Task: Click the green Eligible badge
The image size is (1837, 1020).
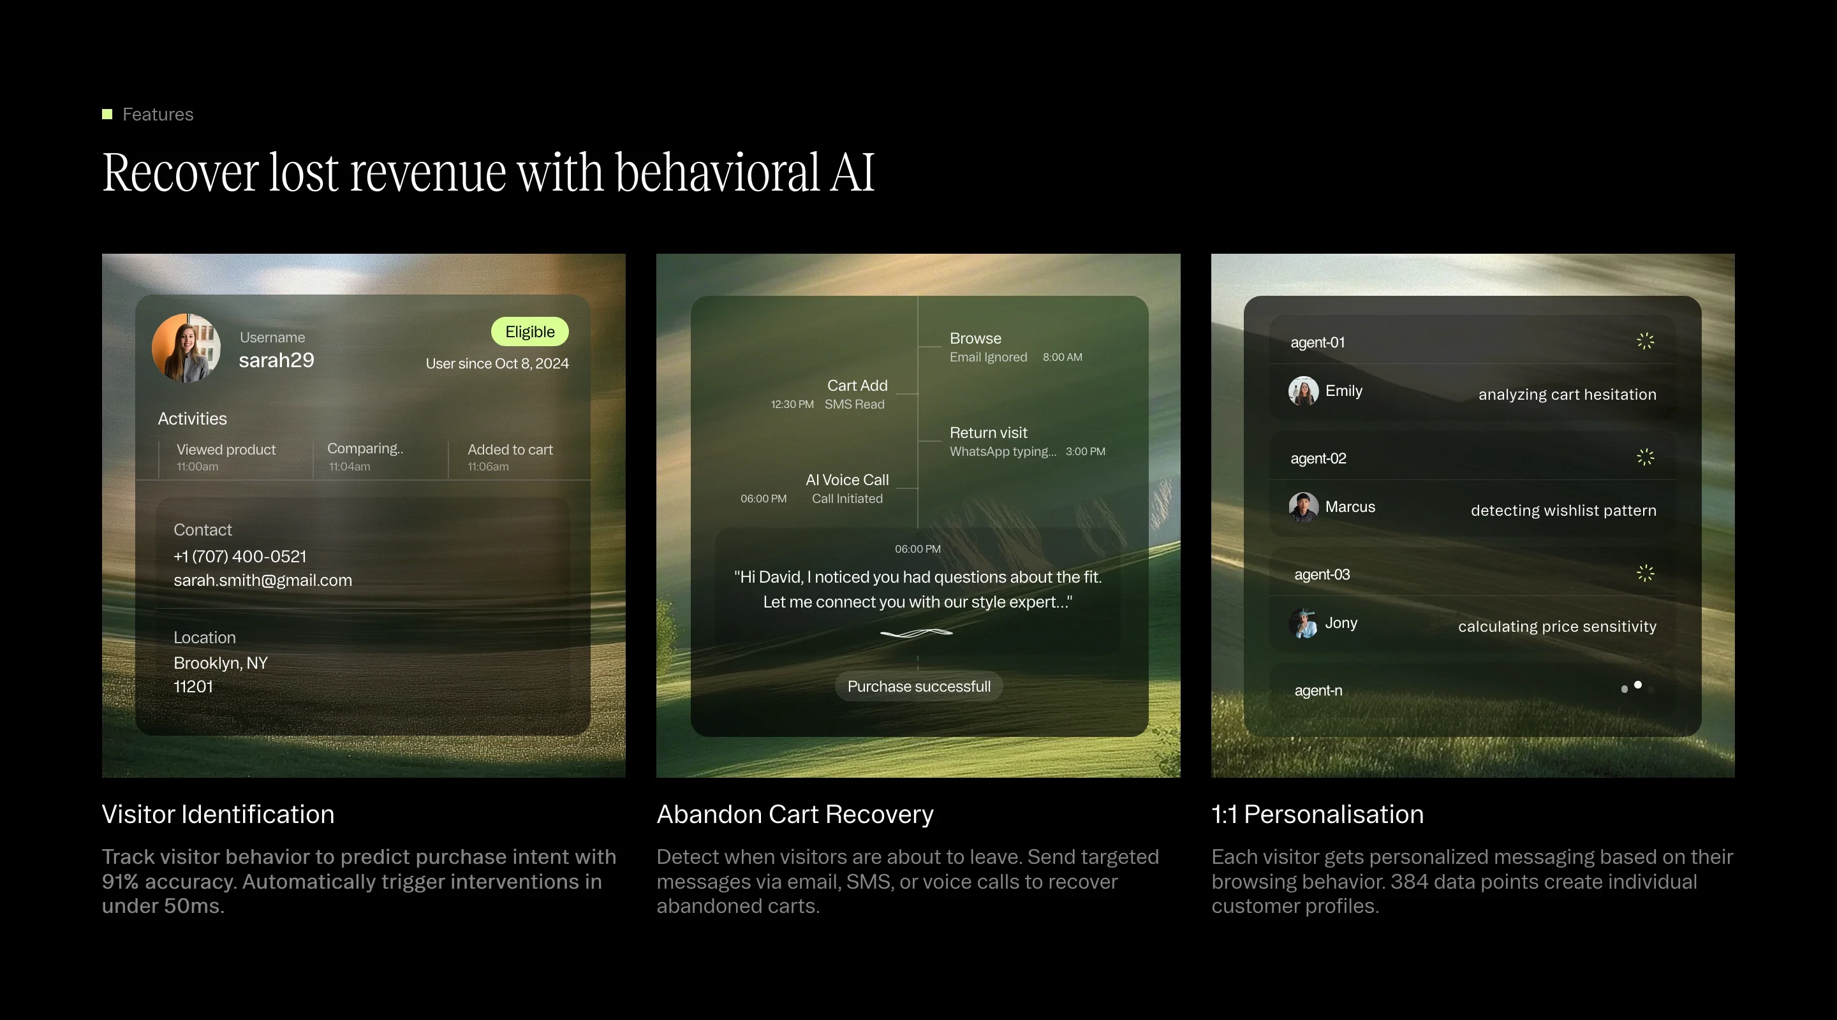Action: coord(529,332)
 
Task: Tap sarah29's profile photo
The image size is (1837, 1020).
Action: coord(186,349)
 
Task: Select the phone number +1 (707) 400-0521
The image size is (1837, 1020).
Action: coord(240,557)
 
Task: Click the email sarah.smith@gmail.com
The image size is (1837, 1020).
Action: coord(262,581)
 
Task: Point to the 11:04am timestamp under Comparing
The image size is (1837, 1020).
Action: coord(350,467)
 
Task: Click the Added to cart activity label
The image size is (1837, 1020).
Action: coord(510,450)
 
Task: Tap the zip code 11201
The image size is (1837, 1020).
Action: coord(193,687)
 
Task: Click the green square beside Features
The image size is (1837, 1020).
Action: coord(107,115)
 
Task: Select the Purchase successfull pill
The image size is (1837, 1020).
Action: coord(918,687)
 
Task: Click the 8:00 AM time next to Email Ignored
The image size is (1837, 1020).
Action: coord(1062,358)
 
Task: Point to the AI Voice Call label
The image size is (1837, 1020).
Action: coord(846,481)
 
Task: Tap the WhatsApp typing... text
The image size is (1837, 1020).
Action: coord(1003,452)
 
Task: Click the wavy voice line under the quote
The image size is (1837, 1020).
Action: coord(917,633)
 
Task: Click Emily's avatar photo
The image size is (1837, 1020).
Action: coord(1303,391)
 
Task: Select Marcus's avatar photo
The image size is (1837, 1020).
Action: coord(1303,507)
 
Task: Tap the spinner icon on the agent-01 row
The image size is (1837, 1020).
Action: coord(1644,342)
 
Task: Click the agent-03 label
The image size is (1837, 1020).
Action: coord(1322,575)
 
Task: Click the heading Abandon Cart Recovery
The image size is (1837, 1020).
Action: coord(794,815)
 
